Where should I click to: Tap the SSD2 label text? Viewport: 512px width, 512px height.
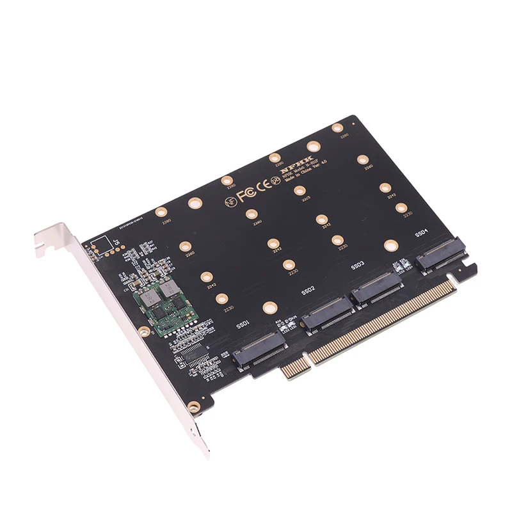(307, 291)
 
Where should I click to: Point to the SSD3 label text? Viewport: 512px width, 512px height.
(358, 264)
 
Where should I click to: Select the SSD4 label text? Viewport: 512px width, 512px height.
(422, 234)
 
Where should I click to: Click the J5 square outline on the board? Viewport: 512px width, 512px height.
(100, 245)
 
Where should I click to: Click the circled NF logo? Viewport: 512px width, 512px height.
(230, 200)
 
